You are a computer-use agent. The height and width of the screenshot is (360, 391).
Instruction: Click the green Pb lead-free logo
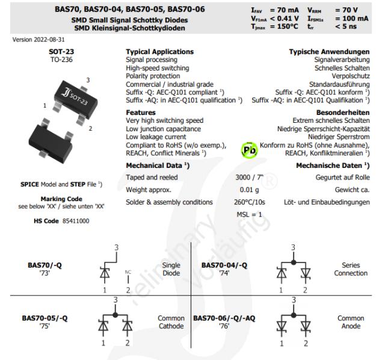click(249, 149)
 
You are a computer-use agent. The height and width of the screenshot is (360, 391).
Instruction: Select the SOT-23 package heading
click(61, 52)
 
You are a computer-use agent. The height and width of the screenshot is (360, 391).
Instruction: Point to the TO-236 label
click(61, 60)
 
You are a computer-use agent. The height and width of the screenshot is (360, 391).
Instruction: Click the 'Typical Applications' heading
click(159, 52)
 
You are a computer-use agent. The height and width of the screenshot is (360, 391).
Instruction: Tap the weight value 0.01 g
click(248, 190)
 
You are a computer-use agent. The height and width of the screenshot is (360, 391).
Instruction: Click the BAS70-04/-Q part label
click(224, 265)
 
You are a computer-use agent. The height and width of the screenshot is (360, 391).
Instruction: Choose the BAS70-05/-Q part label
click(45, 318)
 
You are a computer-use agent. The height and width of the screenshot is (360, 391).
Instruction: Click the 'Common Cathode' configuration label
click(171, 322)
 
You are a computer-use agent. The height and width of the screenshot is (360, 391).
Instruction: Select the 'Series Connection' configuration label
click(351, 269)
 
